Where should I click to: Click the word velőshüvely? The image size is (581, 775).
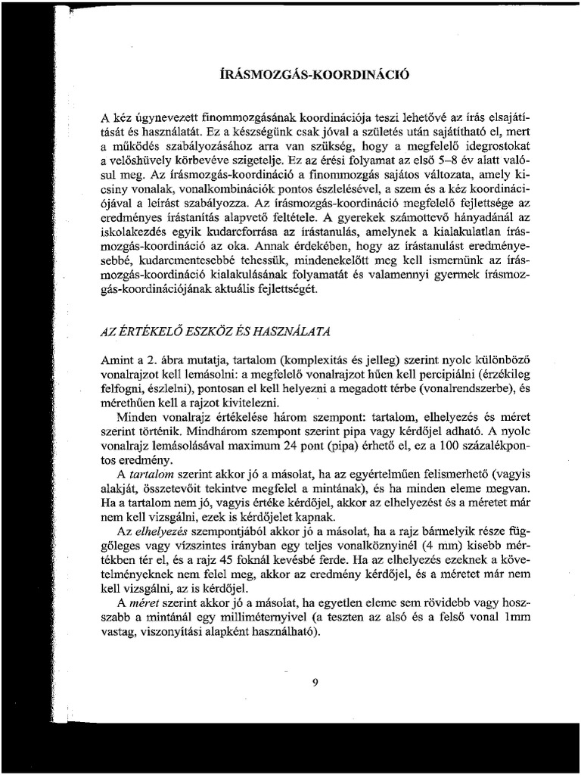(148, 160)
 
